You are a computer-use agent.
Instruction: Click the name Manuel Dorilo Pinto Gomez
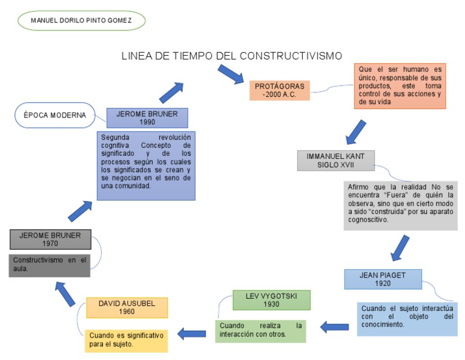coord(81,20)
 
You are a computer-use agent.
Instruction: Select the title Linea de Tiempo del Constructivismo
coord(232,56)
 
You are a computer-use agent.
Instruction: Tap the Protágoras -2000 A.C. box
coord(279,90)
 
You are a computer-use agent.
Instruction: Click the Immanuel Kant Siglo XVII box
coord(335,160)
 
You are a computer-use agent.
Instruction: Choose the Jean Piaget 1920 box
coord(382,279)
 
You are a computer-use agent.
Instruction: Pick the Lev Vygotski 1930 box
coord(271,300)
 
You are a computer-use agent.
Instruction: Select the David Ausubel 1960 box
coord(127,307)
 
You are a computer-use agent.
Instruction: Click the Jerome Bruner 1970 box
coord(50,239)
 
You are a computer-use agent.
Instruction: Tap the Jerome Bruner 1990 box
coord(147,118)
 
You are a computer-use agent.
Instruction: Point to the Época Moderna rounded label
coord(51,115)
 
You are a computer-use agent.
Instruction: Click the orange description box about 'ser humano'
coord(400,86)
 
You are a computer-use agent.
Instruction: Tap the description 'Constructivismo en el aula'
coord(50,265)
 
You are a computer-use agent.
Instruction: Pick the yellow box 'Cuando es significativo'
coord(127,339)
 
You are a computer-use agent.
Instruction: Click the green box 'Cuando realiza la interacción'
coord(260,330)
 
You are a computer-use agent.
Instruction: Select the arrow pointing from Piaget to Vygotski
coord(334,327)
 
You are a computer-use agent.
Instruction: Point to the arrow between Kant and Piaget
coord(400,247)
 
